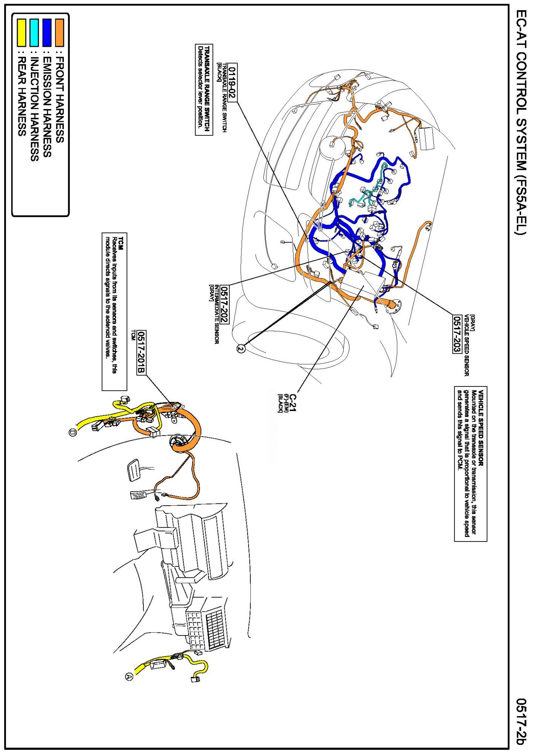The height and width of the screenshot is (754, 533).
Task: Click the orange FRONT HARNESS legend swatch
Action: pyautogui.click(x=60, y=33)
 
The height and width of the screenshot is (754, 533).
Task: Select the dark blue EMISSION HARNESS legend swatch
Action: pyautogui.click(x=47, y=33)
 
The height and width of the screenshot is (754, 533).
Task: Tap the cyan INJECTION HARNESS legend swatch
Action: pyautogui.click(x=34, y=33)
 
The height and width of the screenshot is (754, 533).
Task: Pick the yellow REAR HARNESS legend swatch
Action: pyautogui.click(x=22, y=33)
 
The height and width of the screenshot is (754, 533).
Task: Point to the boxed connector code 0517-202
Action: pyautogui.click(x=224, y=304)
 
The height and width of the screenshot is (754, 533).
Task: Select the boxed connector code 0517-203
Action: pyautogui.click(x=457, y=334)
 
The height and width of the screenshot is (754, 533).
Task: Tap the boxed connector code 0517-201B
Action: pyautogui.click(x=141, y=352)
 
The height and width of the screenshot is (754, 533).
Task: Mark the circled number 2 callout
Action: pyautogui.click(x=241, y=349)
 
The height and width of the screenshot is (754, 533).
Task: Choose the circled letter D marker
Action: pyautogui.click(x=73, y=432)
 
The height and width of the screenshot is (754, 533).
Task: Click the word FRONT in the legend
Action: pyautogui.click(x=60, y=75)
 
